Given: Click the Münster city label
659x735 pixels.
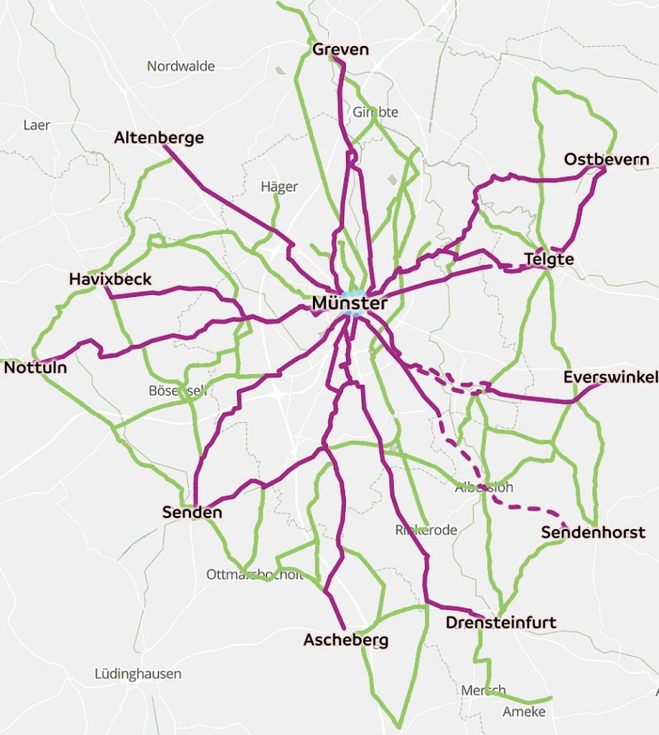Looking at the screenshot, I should pyautogui.click(x=350, y=304).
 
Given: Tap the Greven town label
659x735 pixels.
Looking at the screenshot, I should pyautogui.click(x=340, y=50).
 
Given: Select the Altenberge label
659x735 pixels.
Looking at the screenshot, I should pyautogui.click(x=159, y=138).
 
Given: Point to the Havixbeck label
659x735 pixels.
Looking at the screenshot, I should pyautogui.click(x=111, y=279).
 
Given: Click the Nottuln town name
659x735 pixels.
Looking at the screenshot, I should pyautogui.click(x=36, y=368).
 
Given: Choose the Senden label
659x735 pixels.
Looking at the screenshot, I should pyautogui.click(x=192, y=512).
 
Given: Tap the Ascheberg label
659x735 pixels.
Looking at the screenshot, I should pyautogui.click(x=346, y=640).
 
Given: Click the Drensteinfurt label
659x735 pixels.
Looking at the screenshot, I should pyautogui.click(x=501, y=622).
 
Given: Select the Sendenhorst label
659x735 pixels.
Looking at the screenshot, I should pyautogui.click(x=593, y=533).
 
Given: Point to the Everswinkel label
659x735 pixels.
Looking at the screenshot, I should pyautogui.click(x=610, y=377).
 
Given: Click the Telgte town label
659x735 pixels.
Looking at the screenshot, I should pyautogui.click(x=549, y=259).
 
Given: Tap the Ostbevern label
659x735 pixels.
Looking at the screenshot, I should pyautogui.click(x=607, y=159).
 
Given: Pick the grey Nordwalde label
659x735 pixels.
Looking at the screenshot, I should pyautogui.click(x=181, y=67).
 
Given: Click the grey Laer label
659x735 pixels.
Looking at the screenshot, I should pyautogui.click(x=37, y=125).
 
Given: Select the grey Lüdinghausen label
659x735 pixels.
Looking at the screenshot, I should pyautogui.click(x=138, y=674).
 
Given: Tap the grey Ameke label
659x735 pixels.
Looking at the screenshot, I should pyautogui.click(x=524, y=712).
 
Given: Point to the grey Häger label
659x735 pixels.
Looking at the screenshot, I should pyautogui.click(x=279, y=187).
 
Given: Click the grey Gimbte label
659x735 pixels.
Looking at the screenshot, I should pyautogui.click(x=375, y=112).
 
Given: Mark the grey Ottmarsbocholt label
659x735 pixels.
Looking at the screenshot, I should pyautogui.click(x=255, y=574).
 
